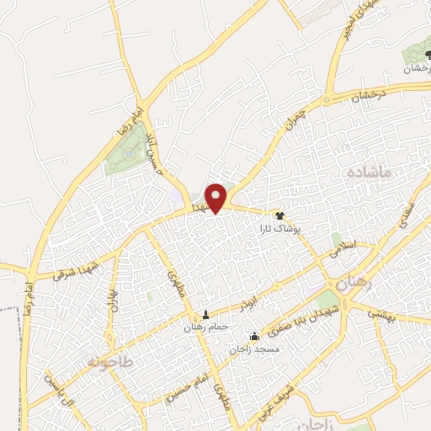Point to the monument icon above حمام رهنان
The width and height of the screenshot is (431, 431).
click(205, 315)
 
